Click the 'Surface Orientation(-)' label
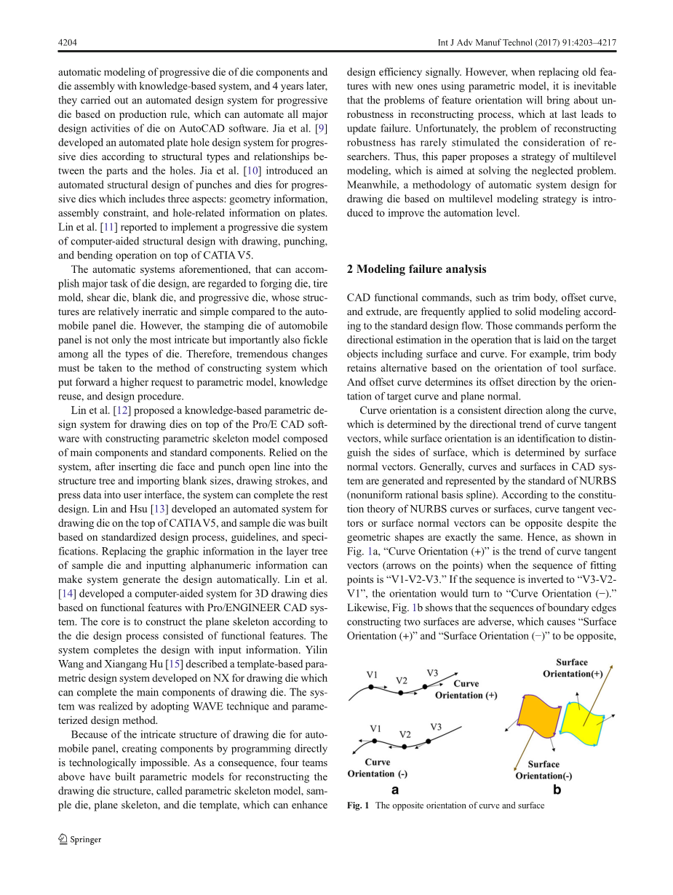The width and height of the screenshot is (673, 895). tap(543, 770)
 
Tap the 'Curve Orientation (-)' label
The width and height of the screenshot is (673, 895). tap(378, 768)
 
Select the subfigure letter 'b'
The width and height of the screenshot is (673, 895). tap(557, 789)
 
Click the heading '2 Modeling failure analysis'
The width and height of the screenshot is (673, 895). tap(416, 269)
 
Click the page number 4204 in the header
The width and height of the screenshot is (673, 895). tap(67, 43)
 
